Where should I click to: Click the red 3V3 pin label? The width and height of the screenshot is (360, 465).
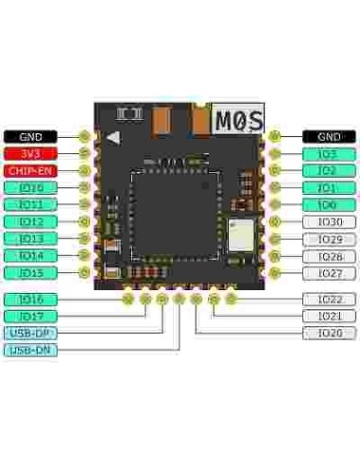pyautogui.click(x=30, y=153)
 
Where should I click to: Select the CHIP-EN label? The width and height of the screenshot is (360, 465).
pyautogui.click(x=30, y=170)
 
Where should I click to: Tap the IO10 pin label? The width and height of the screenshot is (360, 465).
pyautogui.click(x=30, y=188)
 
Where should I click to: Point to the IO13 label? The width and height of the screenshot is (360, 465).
pyautogui.click(x=30, y=239)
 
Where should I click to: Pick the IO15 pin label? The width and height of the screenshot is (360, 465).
pyautogui.click(x=30, y=272)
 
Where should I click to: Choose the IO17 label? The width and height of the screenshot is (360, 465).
pyautogui.click(x=30, y=316)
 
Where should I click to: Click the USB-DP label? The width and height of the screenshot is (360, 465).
pyautogui.click(x=30, y=333)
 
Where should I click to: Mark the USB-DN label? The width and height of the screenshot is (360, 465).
pyautogui.click(x=30, y=350)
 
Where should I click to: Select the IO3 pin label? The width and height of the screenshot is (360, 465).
pyautogui.click(x=329, y=153)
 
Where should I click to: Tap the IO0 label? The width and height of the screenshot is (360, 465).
pyautogui.click(x=329, y=205)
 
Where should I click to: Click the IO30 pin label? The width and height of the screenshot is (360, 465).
pyautogui.click(x=329, y=222)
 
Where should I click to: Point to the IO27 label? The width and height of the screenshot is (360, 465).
pyautogui.click(x=329, y=273)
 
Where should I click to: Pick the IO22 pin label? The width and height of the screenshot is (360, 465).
pyautogui.click(x=329, y=300)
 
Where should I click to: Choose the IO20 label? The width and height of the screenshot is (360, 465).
pyautogui.click(x=329, y=334)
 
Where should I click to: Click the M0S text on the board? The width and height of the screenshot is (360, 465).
pyautogui.click(x=236, y=120)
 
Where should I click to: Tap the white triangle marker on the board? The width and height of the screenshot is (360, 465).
pyautogui.click(x=114, y=136)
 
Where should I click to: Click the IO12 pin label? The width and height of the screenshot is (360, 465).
pyautogui.click(x=30, y=222)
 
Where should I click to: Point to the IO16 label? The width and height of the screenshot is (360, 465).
pyautogui.click(x=30, y=299)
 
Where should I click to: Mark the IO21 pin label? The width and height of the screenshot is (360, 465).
pyautogui.click(x=329, y=317)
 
